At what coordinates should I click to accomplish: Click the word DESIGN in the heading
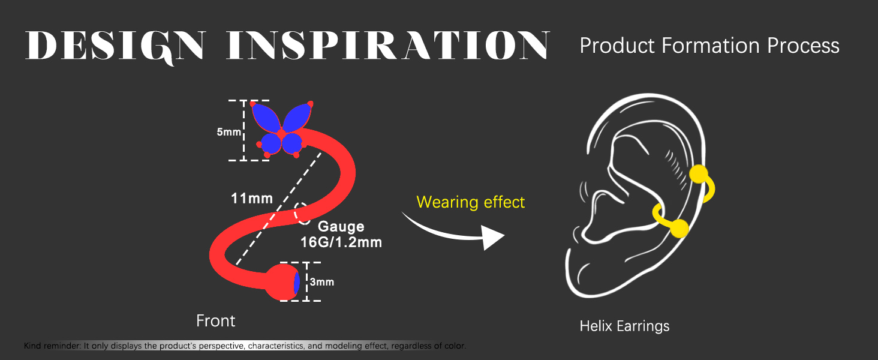[x=115, y=46]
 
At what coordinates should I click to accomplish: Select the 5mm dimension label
[x=229, y=132]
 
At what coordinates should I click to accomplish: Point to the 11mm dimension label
[x=252, y=199]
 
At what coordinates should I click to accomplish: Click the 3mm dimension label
[x=322, y=282]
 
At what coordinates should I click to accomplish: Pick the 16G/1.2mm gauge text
[x=341, y=242]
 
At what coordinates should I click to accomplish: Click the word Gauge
[x=341, y=227]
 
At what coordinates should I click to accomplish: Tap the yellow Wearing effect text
[x=470, y=202]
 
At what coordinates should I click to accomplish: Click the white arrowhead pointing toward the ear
[x=493, y=237]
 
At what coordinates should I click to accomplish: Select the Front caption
[x=215, y=321]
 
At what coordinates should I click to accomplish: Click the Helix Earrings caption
[x=624, y=326]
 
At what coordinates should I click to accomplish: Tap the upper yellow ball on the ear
[x=699, y=174]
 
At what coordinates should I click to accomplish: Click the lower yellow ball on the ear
[x=679, y=228]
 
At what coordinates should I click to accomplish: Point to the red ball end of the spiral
[x=281, y=283]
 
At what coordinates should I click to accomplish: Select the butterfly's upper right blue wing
[x=297, y=117]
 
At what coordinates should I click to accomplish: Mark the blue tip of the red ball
[x=297, y=283]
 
